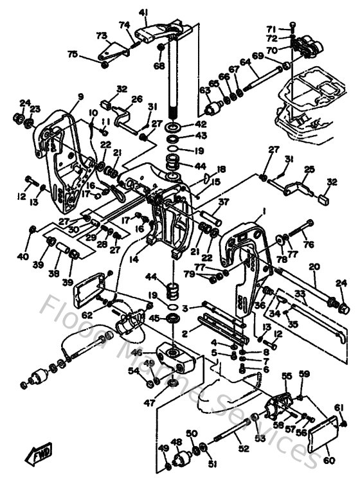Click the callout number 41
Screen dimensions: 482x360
point(143,12)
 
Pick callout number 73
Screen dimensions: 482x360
point(101,35)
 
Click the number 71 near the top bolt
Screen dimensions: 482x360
point(271,29)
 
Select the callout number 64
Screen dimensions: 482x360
point(244,62)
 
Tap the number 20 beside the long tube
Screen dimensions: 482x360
point(314,267)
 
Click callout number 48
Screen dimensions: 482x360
point(175,442)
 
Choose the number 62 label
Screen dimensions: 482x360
point(87,314)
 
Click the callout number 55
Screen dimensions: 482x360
point(286,376)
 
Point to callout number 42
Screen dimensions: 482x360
point(201,123)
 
